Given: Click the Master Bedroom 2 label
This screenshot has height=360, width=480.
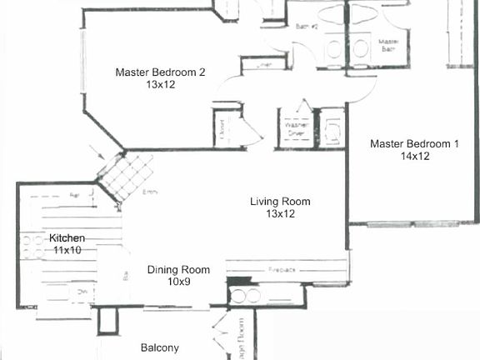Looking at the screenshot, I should (x=160, y=72).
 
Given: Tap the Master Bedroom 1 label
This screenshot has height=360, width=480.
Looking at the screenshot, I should (x=414, y=143).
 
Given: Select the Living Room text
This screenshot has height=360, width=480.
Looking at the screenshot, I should (x=281, y=202).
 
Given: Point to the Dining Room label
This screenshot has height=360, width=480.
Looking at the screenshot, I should (x=179, y=269).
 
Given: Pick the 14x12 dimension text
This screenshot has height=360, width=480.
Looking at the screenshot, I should (x=413, y=156).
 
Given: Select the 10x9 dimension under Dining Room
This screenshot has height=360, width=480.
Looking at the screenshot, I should (x=179, y=282).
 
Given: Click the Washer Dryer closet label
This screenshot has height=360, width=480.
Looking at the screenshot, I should (x=295, y=129).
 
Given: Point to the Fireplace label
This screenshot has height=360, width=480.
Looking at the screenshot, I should (x=284, y=270).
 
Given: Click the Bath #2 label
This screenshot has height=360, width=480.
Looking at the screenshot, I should (x=307, y=27).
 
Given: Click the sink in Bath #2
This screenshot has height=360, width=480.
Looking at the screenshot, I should (x=334, y=48).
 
